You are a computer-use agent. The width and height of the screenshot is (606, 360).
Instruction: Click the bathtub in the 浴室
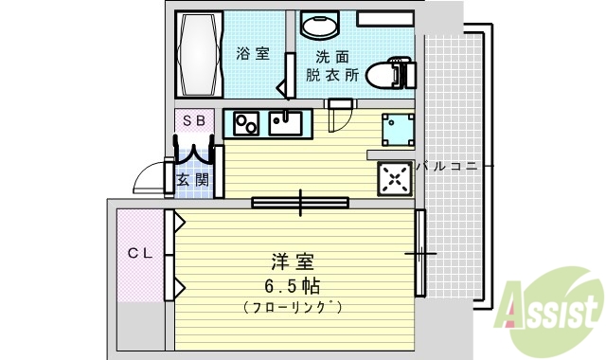pos(199,54)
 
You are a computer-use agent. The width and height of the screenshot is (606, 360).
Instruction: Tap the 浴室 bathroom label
pos(251,54)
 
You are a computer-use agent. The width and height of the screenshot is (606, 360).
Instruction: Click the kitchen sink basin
pos(284,123)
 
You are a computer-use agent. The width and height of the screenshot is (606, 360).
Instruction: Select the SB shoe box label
pos(193,120)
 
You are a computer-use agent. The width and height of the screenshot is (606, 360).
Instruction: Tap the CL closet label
pos(140,253)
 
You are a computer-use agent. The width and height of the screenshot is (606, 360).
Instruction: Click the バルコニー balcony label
pos(454,166)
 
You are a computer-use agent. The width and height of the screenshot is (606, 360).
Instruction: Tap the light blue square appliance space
pos(397,129)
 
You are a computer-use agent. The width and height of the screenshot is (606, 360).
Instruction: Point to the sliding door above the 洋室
pos(300,202)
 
